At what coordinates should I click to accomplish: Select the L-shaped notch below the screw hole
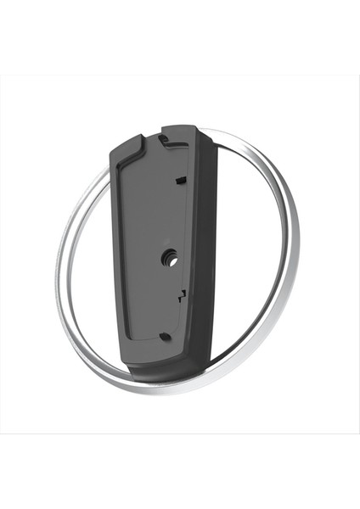point(181,294)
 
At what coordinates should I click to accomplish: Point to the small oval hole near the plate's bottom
point(165,336)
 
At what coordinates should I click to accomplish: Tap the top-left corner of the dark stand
point(113,148)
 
